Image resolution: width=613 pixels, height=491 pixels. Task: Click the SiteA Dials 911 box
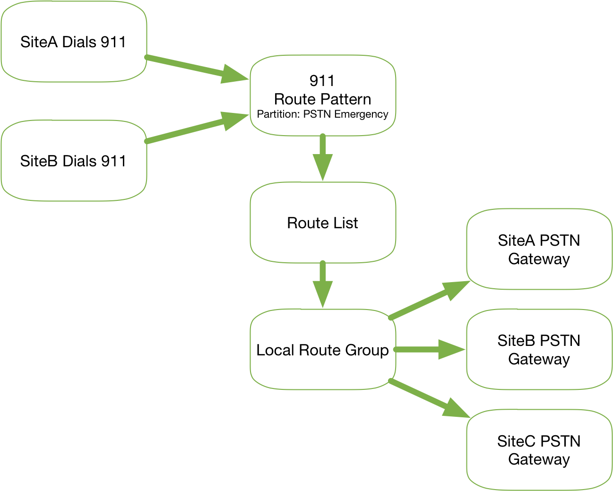(x=73, y=42)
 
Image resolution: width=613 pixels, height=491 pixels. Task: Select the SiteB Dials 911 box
(x=73, y=161)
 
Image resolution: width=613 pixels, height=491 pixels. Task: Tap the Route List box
(x=322, y=223)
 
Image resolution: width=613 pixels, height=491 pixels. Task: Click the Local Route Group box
(x=322, y=350)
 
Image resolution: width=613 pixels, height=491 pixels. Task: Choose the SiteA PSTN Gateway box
(x=539, y=250)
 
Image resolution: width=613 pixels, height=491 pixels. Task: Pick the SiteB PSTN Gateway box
(x=539, y=350)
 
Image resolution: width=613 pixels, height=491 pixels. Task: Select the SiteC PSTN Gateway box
(x=539, y=450)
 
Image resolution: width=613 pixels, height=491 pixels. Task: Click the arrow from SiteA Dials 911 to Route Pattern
(x=194, y=68)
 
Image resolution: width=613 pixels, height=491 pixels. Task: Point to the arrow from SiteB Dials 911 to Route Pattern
(x=194, y=128)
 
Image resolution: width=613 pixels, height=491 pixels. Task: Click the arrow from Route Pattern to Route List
(x=323, y=156)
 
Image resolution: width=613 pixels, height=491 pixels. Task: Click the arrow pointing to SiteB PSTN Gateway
(x=428, y=350)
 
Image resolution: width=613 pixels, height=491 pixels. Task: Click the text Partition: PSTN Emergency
(x=322, y=114)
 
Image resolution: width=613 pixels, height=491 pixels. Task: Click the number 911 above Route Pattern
(x=322, y=81)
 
